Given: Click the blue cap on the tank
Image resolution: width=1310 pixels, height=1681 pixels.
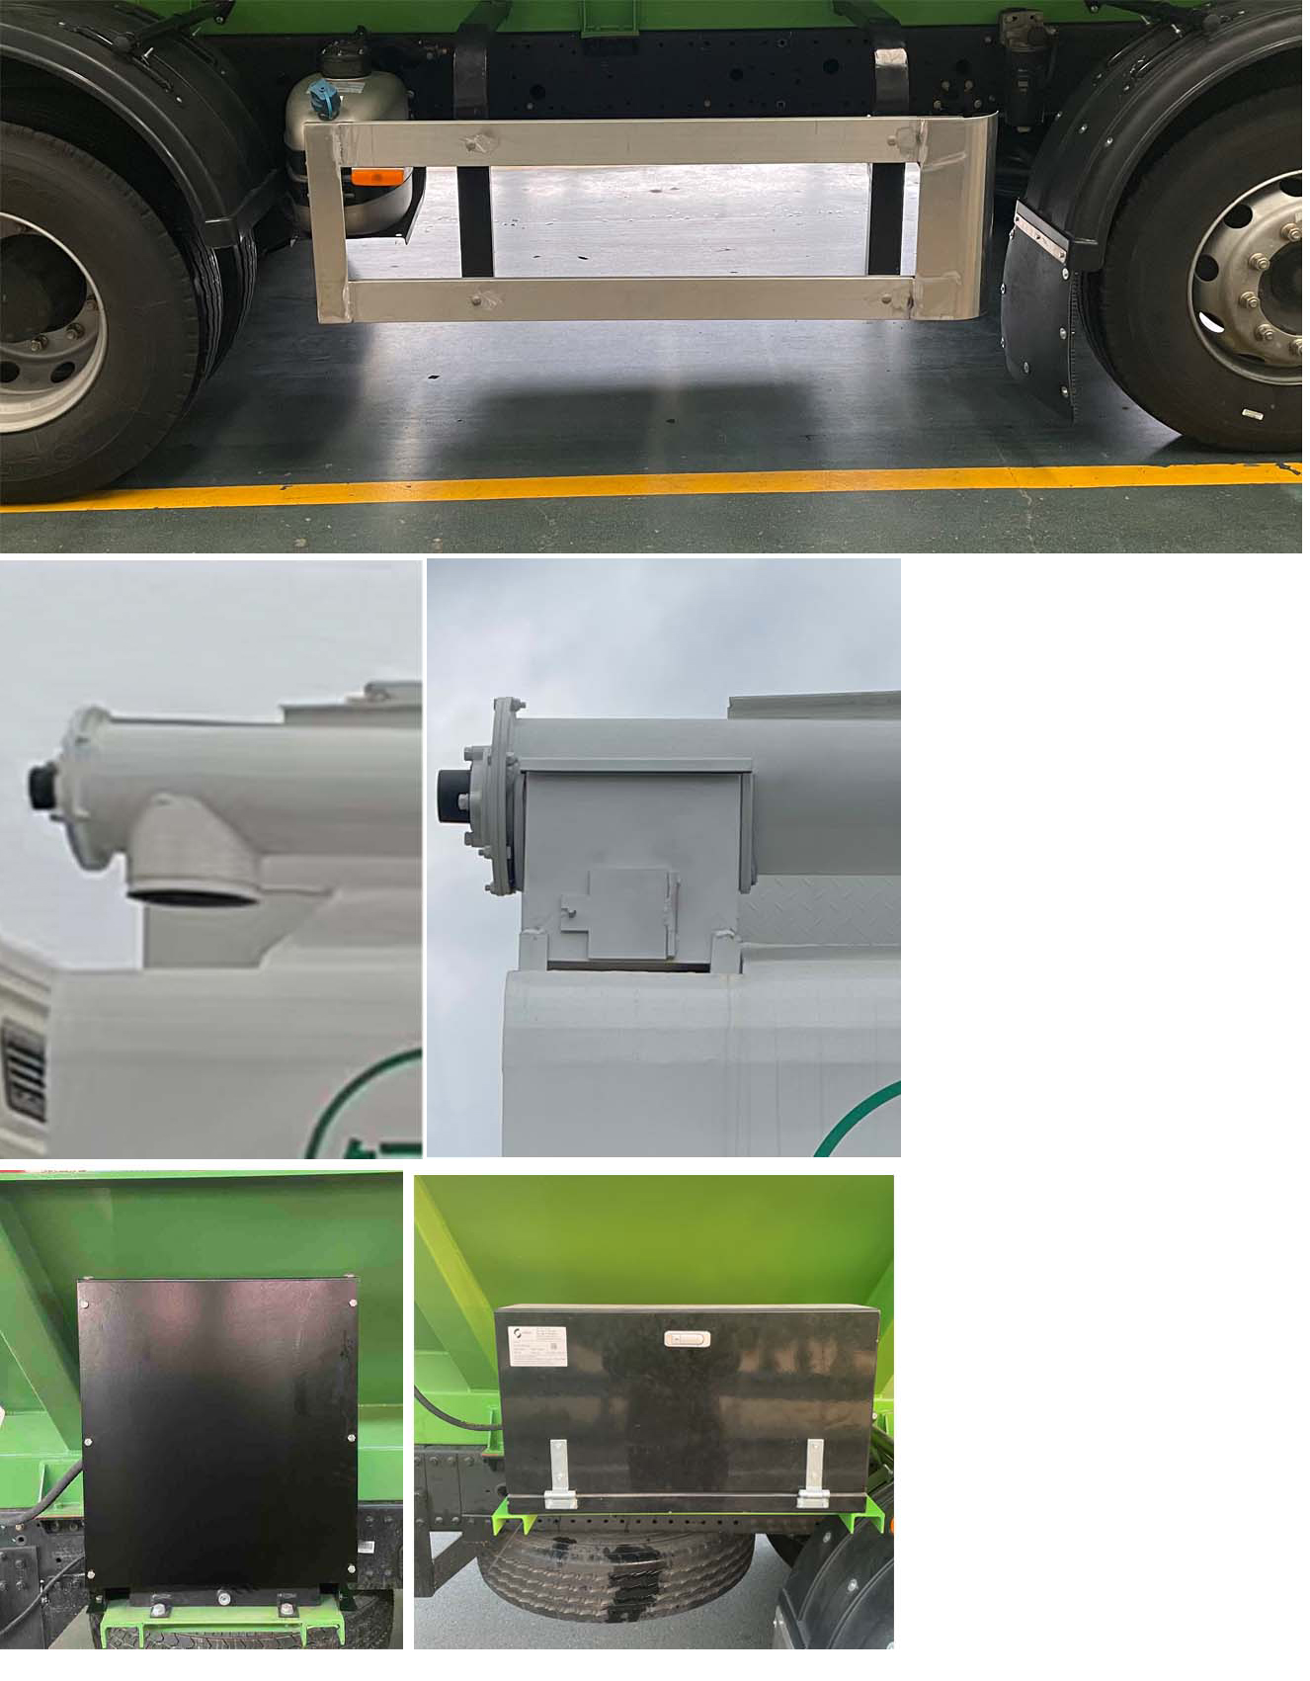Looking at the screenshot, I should tap(325, 98).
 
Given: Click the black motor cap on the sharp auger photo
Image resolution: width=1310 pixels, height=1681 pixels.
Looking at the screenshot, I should tap(453, 798).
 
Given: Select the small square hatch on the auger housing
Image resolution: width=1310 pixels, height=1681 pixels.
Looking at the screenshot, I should tap(629, 912).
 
